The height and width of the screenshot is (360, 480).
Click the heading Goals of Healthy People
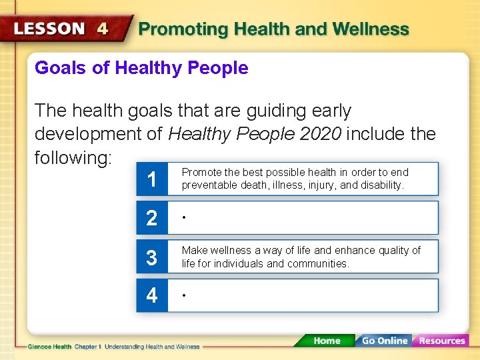click(141, 68)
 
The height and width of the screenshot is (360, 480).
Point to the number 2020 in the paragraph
click(321, 134)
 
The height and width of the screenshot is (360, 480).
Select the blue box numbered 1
click(152, 179)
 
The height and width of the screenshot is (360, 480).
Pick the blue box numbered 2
click(152, 218)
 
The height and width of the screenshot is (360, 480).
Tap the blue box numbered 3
click(152, 257)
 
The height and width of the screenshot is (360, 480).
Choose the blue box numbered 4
click(152, 295)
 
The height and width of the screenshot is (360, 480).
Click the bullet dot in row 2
click(184, 217)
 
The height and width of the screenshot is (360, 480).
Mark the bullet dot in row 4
click(184, 295)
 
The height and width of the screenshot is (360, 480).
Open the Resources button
click(441, 341)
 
